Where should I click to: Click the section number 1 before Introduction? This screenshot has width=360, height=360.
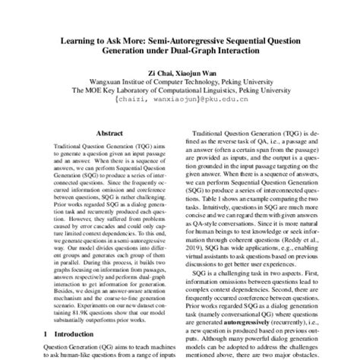(47, 334)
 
